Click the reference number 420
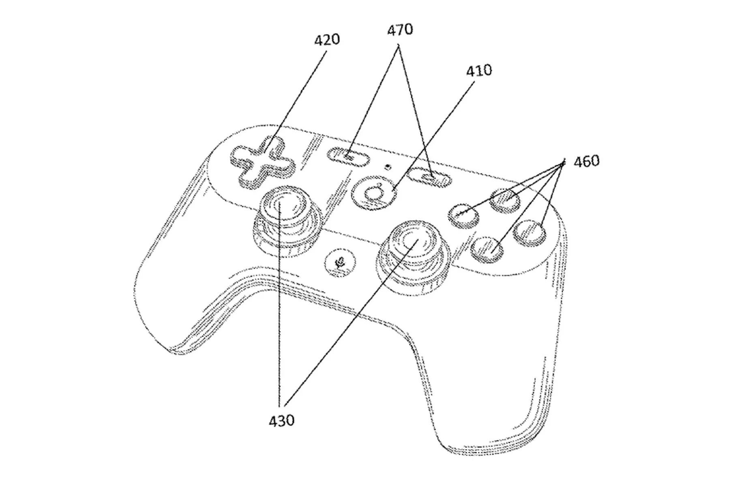click(327, 40)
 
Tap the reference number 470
click(400, 30)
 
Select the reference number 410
click(479, 71)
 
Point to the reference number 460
click(586, 161)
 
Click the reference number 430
click(281, 421)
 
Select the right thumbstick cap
click(414, 242)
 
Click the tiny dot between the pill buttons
click(388, 166)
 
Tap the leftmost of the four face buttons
click(463, 215)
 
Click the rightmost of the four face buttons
click(529, 233)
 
